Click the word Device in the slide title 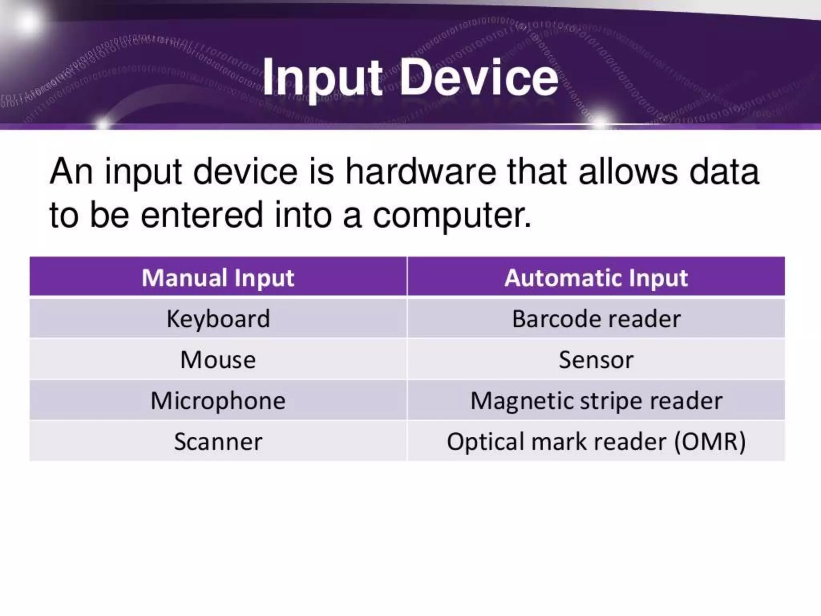(x=479, y=77)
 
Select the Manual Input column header (x=218, y=278)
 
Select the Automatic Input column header (x=596, y=278)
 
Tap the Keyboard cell (x=218, y=319)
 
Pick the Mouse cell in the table (x=218, y=359)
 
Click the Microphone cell (x=218, y=400)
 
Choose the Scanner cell (x=218, y=441)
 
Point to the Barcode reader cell (x=596, y=319)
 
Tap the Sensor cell (x=596, y=359)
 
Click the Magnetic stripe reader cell (x=596, y=400)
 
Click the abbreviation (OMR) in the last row (x=710, y=441)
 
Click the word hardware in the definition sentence (x=421, y=172)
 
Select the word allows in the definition (x=628, y=172)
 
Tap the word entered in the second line (x=202, y=215)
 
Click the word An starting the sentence (x=71, y=172)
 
